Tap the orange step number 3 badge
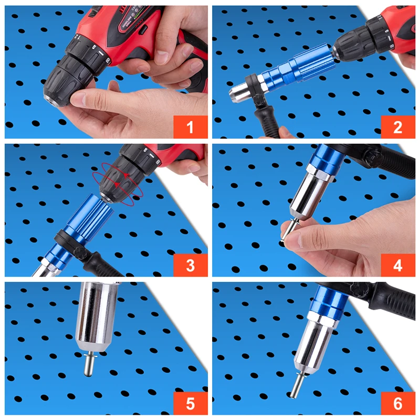(190, 265)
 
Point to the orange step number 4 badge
(397, 265)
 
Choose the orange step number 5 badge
(190, 403)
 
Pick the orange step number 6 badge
(397, 403)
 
